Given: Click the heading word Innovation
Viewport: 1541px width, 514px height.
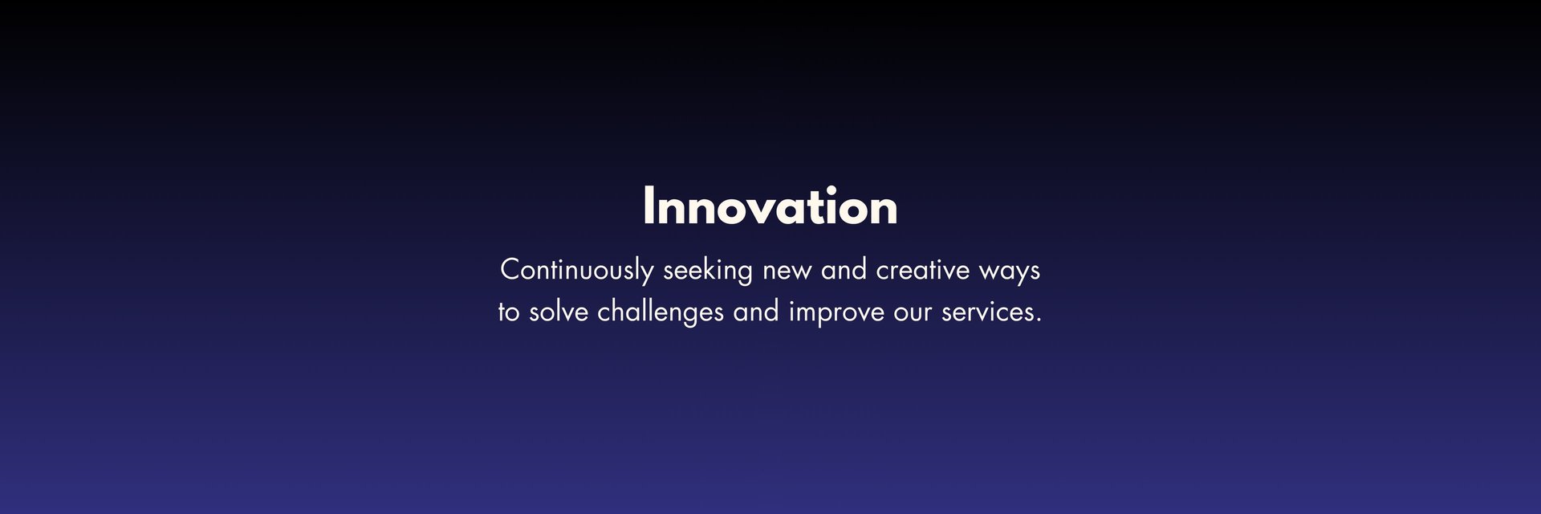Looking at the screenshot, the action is click(x=770, y=206).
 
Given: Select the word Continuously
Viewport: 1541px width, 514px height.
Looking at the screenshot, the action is click(x=576, y=271).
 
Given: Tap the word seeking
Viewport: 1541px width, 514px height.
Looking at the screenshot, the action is click(x=707, y=271).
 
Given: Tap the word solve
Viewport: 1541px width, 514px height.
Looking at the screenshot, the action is click(x=559, y=311).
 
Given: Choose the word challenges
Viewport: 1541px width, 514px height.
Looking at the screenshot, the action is click(x=661, y=312).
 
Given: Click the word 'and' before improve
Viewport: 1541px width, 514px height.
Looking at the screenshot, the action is click(x=756, y=311).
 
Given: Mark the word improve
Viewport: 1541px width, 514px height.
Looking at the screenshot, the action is click(x=836, y=312).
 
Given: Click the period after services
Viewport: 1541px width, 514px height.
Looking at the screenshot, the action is click(x=1038, y=320).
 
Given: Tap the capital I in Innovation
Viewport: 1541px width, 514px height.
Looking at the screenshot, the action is click(x=649, y=206).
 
